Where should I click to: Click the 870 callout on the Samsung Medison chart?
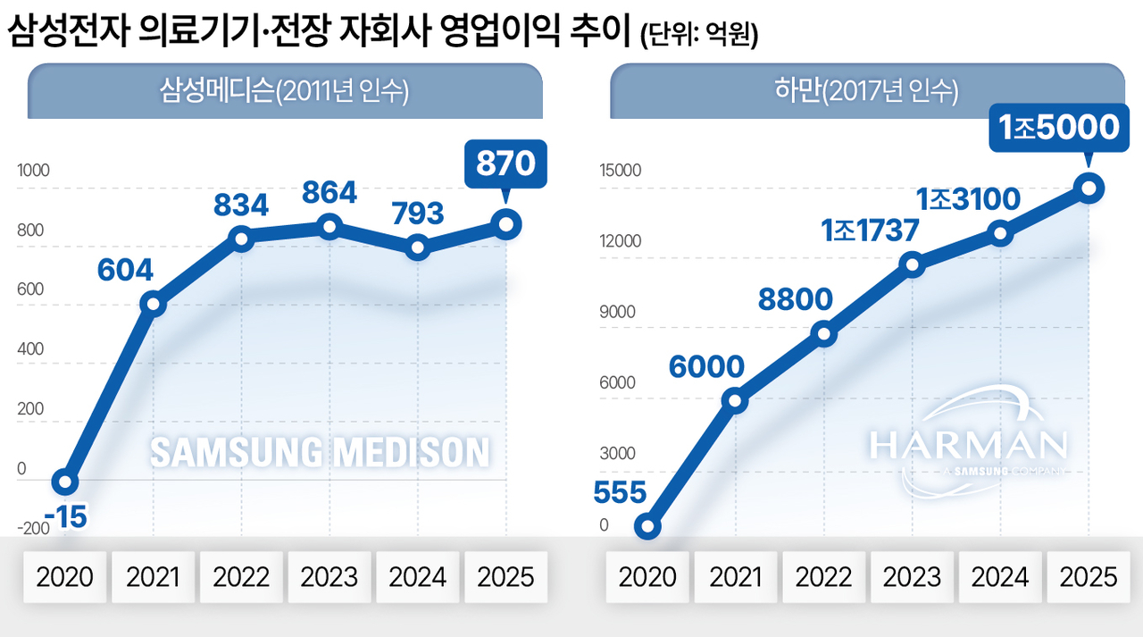[505, 165]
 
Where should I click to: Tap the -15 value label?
[65, 516]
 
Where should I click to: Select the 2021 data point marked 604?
[154, 304]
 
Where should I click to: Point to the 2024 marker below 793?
[417, 248]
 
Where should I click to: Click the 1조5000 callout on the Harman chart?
[1059, 128]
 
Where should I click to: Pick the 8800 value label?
[795, 300]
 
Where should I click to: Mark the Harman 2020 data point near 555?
[647, 527]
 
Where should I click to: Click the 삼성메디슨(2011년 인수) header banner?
[285, 91]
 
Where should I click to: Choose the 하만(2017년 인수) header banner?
[867, 91]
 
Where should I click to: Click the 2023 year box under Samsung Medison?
[329, 576]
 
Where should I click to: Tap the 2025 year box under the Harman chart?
[1088, 576]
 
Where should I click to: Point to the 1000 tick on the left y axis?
[34, 172]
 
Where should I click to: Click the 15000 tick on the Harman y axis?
[620, 171]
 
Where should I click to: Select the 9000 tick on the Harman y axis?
[617, 313]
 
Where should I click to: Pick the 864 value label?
[329, 192]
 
